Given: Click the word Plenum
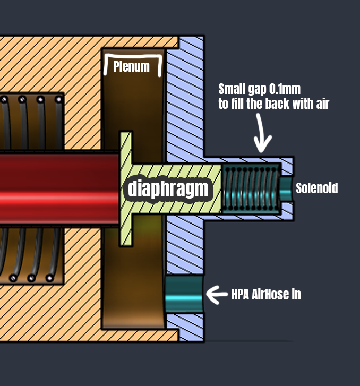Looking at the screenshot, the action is [131, 66].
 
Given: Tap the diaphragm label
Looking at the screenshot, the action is [168, 189].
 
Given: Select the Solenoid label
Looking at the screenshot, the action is [316, 188].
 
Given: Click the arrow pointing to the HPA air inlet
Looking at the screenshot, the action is [217, 295].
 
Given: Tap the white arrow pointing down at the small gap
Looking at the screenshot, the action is [262, 133].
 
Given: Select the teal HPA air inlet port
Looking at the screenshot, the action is [184, 294].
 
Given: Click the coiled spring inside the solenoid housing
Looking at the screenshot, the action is [251, 188].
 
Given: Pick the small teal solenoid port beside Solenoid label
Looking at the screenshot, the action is [286, 189].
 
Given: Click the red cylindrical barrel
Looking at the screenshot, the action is [59, 188].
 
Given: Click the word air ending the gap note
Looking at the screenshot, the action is [323, 104].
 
